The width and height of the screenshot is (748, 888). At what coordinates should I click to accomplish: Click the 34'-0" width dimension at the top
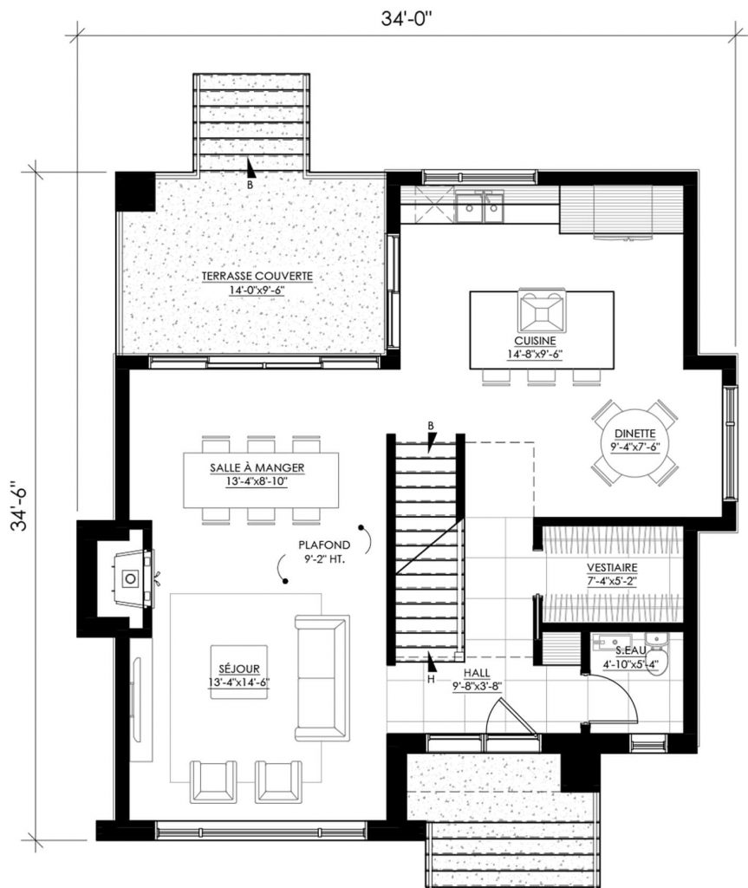click(405, 18)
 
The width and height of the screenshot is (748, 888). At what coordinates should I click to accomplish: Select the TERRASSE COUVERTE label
click(257, 283)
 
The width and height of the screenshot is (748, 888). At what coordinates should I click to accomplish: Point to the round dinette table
click(635, 441)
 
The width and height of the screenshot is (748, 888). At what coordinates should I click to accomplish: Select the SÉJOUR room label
click(237, 674)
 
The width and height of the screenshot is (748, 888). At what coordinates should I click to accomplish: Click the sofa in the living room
click(322, 677)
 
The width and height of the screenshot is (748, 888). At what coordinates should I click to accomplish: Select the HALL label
click(477, 676)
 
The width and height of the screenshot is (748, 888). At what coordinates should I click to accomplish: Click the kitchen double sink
click(479, 207)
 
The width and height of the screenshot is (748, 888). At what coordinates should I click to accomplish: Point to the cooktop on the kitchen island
click(542, 309)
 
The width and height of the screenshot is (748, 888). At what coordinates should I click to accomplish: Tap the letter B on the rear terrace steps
click(250, 185)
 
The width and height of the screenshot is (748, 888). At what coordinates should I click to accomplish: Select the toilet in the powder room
click(658, 644)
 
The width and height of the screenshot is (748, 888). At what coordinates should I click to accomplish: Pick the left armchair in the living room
click(212, 780)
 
